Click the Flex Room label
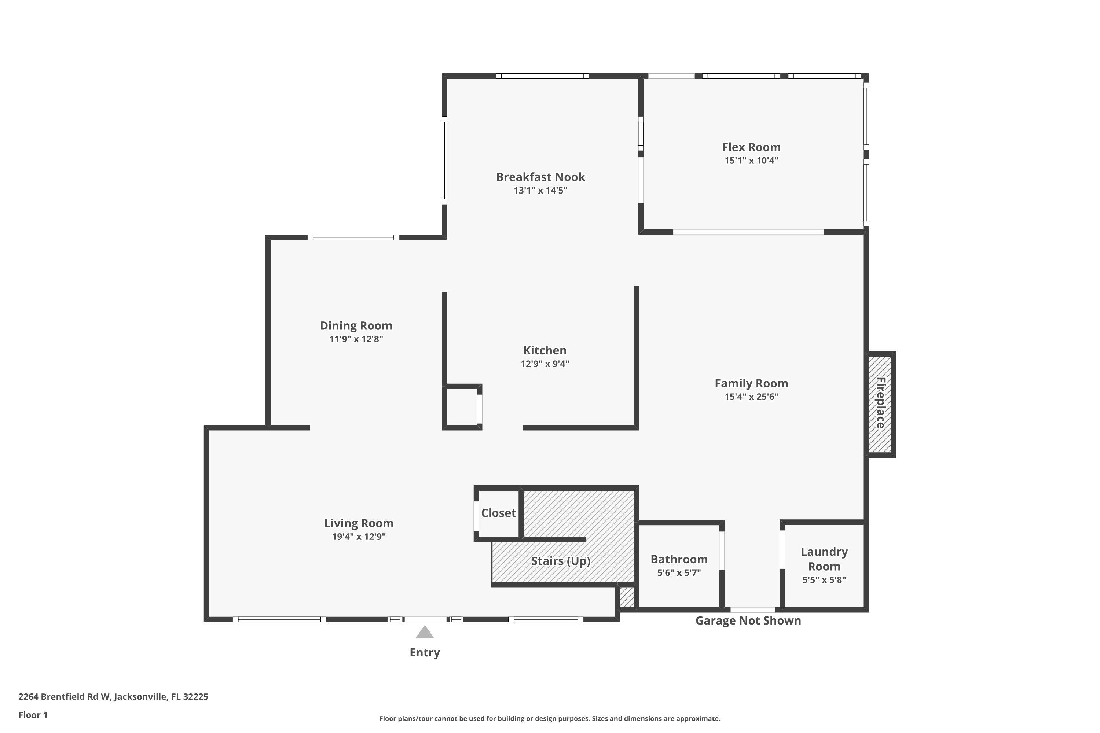point(751,147)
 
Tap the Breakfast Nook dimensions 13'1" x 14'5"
point(540,190)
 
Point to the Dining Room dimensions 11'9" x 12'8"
point(356,339)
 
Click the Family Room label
point(751,383)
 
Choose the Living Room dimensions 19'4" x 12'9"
point(359,537)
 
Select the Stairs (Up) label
point(560,561)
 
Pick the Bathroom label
point(679,559)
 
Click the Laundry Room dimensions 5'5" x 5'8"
point(824,580)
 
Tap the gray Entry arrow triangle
point(425,633)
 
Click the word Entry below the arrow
point(425,653)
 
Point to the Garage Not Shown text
point(748,620)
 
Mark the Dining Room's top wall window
point(353,237)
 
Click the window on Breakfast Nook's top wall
point(542,76)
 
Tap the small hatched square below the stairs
point(627,597)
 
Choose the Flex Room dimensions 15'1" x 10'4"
point(751,161)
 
